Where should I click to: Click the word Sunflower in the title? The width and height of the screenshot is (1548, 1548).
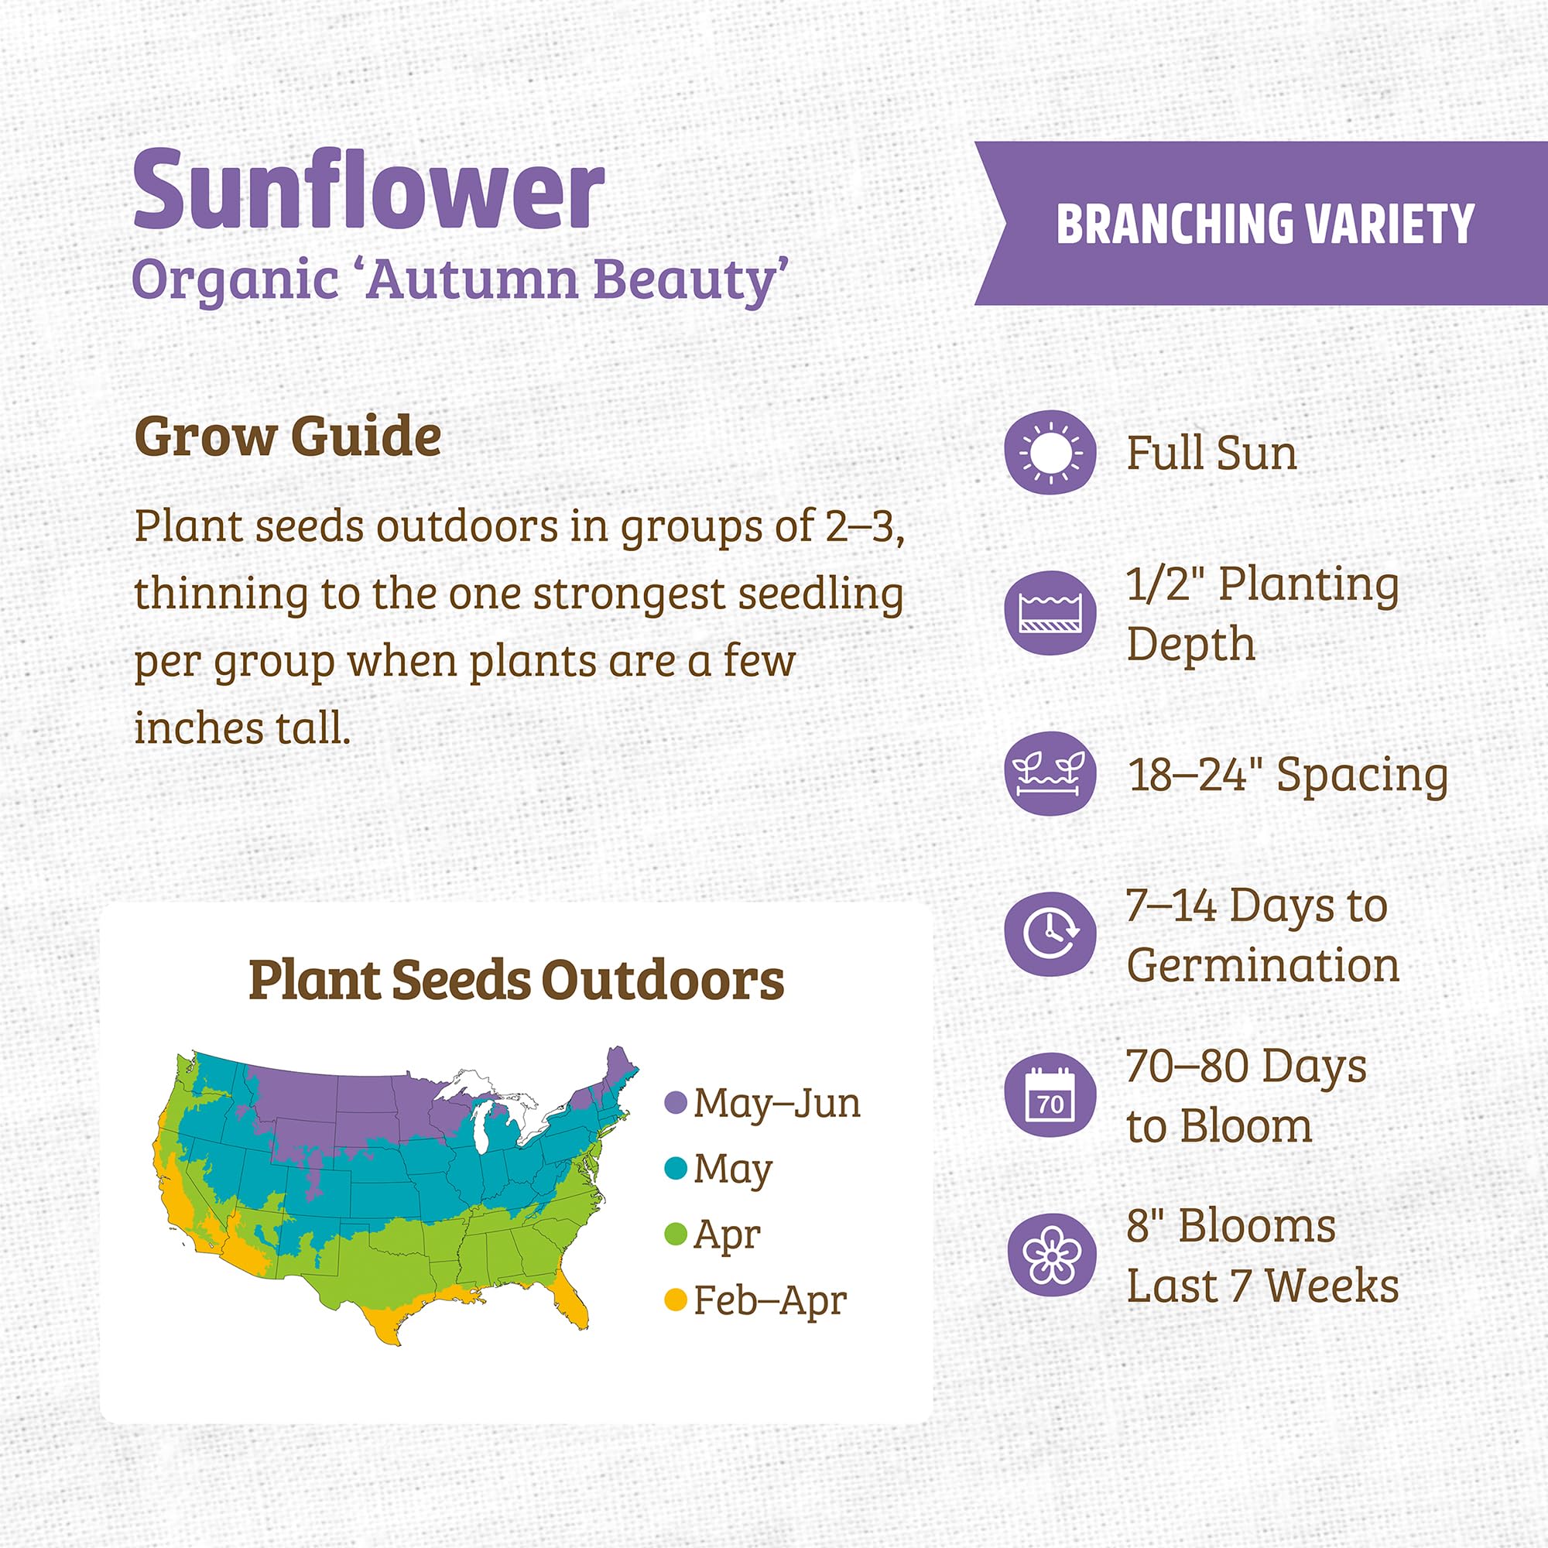click(368, 192)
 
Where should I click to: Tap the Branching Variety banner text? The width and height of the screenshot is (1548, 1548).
click(1265, 224)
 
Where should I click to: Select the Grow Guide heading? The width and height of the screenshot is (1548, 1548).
click(288, 437)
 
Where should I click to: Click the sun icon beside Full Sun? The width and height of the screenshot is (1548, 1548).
click(1050, 453)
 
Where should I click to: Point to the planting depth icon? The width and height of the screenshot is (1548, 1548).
click(1050, 613)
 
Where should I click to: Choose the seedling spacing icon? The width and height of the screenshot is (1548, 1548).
click(1050, 774)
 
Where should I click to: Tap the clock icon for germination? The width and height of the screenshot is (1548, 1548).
click(1050, 934)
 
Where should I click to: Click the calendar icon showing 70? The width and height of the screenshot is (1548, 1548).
click(1050, 1095)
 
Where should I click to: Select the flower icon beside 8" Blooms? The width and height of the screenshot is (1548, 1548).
click(1050, 1255)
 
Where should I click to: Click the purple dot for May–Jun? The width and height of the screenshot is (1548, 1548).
click(676, 1103)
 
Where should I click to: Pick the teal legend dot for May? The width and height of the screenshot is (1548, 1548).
click(676, 1168)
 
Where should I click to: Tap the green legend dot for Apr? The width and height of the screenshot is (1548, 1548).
click(676, 1234)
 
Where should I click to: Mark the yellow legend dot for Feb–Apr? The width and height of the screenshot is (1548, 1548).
click(676, 1300)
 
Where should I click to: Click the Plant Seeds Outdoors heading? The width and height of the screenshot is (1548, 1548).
click(516, 980)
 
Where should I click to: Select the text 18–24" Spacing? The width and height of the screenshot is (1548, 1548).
click(1288, 776)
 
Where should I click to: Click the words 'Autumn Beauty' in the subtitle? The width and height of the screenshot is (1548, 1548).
click(577, 280)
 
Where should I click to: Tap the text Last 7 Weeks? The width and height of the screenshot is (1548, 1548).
click(1262, 1287)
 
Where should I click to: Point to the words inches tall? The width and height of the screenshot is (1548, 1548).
click(242, 729)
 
